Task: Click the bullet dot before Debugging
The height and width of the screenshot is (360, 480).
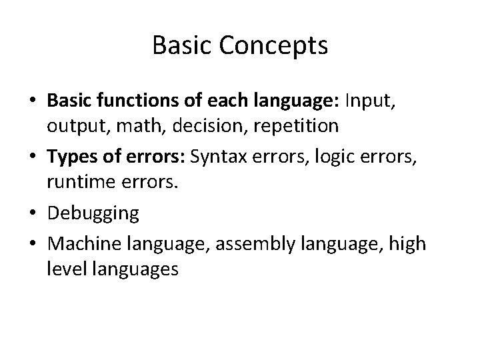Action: [x=32, y=214]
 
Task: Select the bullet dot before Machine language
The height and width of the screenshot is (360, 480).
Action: [x=32, y=243]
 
